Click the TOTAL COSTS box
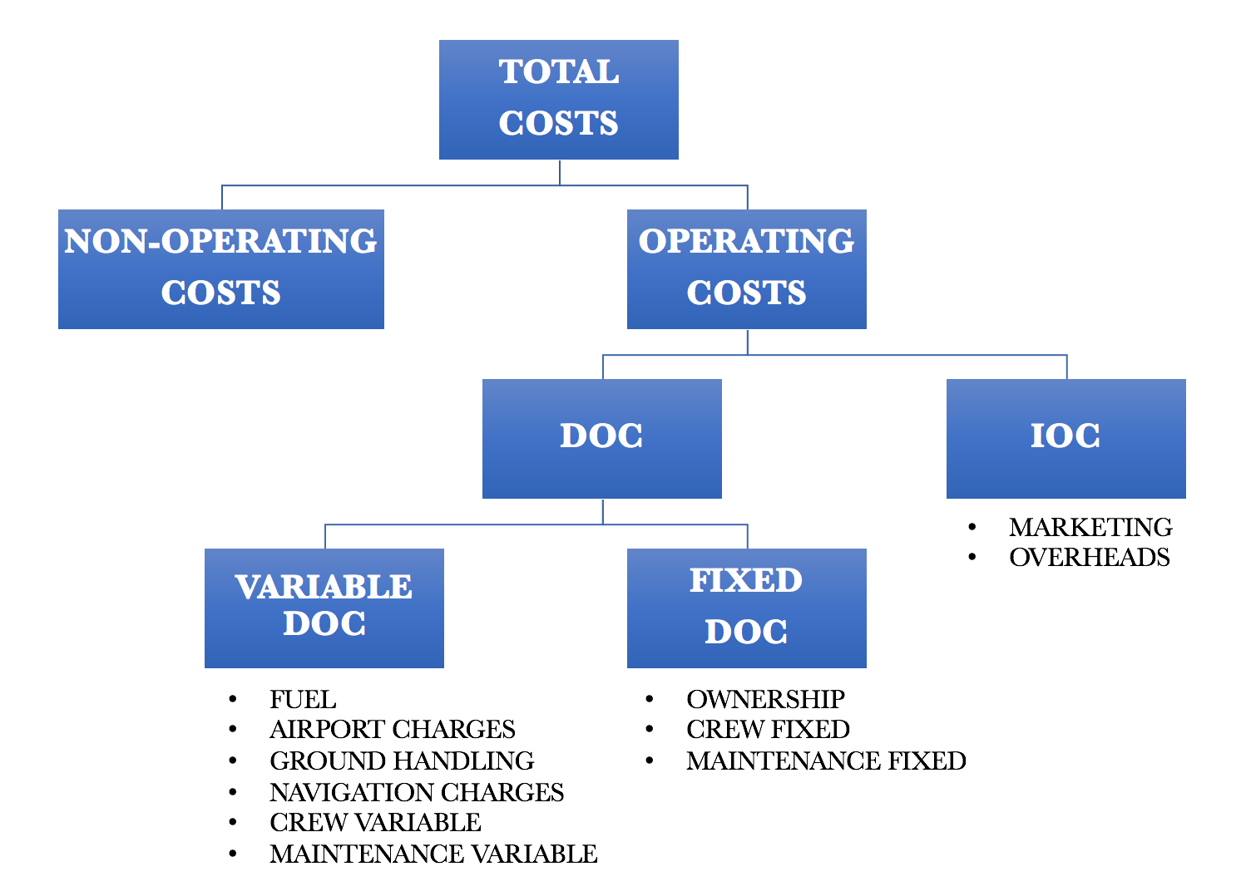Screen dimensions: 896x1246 (x=558, y=99)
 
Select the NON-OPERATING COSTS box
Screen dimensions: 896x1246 (x=220, y=268)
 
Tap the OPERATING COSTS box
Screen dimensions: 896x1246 (x=746, y=268)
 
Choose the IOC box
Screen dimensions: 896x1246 (x=1066, y=438)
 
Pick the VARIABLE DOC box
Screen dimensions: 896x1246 (x=324, y=608)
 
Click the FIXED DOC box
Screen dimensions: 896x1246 (x=746, y=608)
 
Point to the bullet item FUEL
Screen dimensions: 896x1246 (x=303, y=700)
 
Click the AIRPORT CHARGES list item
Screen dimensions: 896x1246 (x=393, y=730)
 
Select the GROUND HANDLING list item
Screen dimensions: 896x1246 (x=402, y=761)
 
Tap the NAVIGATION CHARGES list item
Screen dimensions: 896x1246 (x=417, y=792)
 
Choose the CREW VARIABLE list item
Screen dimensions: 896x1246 (x=375, y=822)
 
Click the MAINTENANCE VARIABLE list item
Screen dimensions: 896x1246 (x=433, y=854)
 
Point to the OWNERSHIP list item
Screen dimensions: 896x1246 (x=765, y=699)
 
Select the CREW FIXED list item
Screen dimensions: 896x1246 (x=768, y=730)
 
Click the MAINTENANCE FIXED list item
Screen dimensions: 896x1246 (x=826, y=761)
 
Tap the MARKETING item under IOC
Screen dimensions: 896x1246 (x=1090, y=527)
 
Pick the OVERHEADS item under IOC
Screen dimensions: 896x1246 (x=1090, y=557)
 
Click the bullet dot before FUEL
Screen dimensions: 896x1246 (x=234, y=700)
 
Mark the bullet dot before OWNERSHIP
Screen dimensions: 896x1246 (x=650, y=699)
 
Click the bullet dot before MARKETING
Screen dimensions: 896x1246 (x=972, y=527)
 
